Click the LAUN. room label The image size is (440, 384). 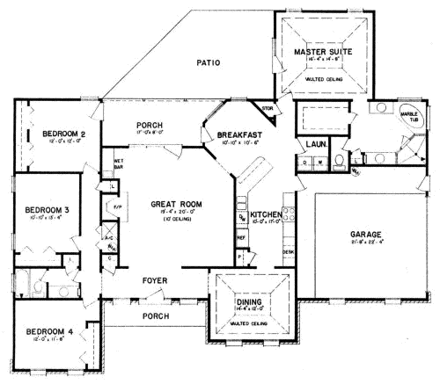[315, 142]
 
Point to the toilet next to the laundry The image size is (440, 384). [338, 161]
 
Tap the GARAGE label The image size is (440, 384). [365, 235]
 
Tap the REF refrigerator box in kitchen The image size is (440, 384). [242, 237]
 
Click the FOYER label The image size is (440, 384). [157, 281]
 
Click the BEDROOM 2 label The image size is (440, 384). [62, 134]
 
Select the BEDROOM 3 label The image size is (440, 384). [46, 211]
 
